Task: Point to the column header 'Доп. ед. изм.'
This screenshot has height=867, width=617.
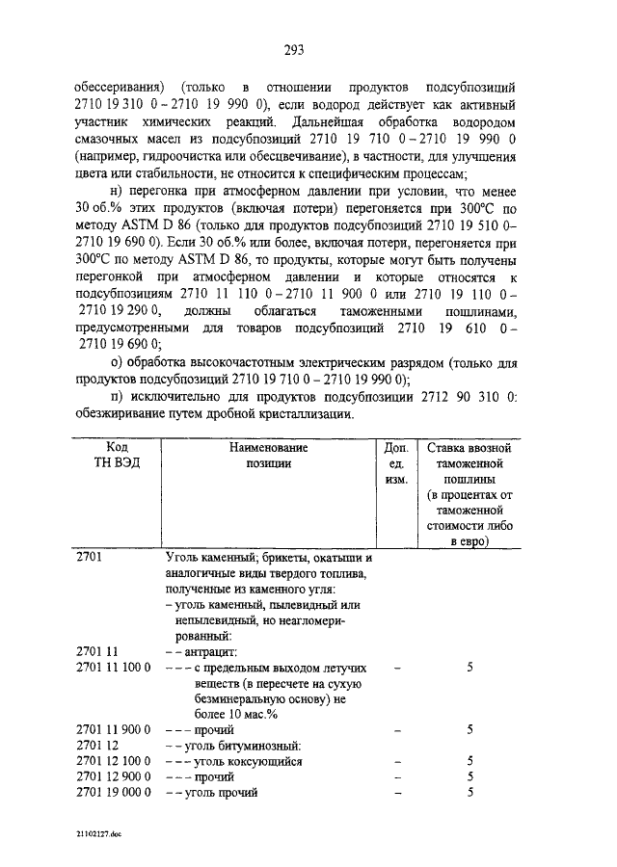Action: [x=396, y=462]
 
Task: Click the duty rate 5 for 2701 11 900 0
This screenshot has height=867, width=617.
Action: [x=469, y=729]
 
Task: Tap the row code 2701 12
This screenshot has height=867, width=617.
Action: [x=95, y=746]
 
